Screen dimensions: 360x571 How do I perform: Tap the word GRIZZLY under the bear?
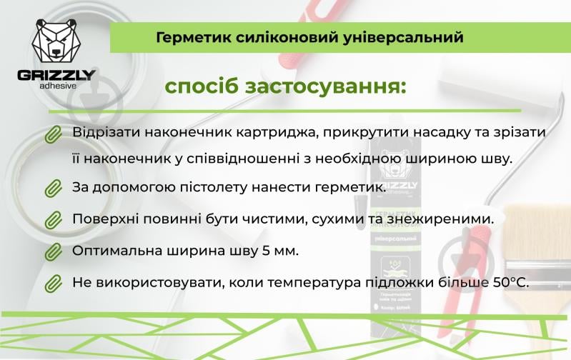56,75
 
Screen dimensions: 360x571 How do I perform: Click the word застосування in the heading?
324,87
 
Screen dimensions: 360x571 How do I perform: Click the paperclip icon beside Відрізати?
53,134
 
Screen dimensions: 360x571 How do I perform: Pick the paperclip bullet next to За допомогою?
53,189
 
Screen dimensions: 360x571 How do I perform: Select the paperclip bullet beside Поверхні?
53,220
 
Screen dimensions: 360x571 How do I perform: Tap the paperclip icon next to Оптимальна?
53,251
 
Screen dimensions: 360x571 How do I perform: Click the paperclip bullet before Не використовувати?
53,284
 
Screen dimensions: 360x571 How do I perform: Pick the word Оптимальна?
114,251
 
